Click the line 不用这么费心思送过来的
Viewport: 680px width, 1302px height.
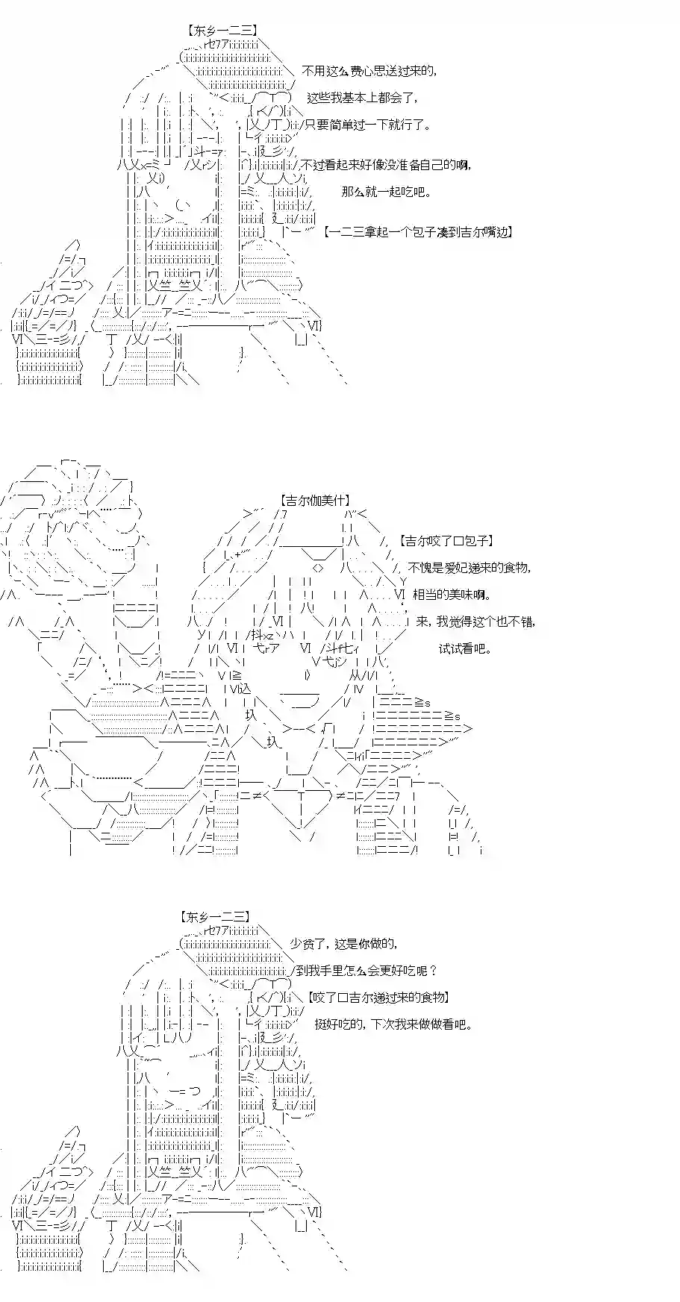click(369, 72)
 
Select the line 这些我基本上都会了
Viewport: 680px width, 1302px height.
click(363, 98)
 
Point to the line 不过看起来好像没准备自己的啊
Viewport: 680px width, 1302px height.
click(387, 165)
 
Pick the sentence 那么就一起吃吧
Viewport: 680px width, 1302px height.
click(386, 192)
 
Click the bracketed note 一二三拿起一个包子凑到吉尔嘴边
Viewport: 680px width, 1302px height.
click(419, 232)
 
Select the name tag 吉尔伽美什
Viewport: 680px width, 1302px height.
click(316, 501)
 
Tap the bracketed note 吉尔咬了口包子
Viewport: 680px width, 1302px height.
click(446, 541)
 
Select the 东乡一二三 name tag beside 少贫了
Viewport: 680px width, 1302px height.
click(215, 917)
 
